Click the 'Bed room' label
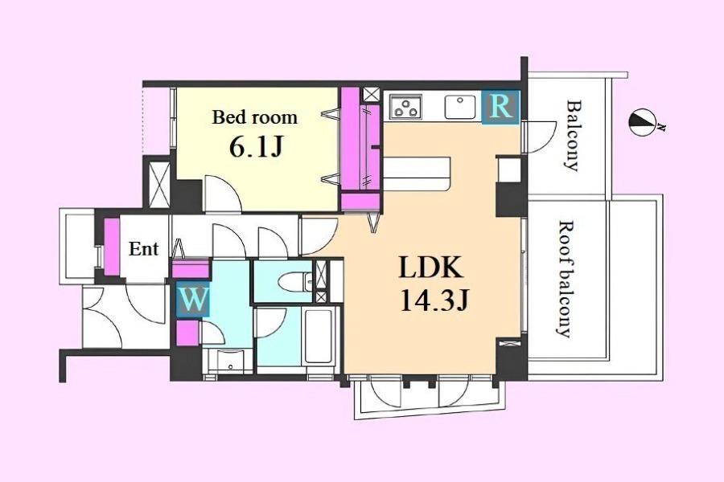pyautogui.click(x=254, y=117)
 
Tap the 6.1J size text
pyautogui.click(x=255, y=147)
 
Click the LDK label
pyautogui.click(x=431, y=267)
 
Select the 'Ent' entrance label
pyautogui.click(x=144, y=249)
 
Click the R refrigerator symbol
pyautogui.click(x=500, y=107)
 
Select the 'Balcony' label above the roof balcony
pyautogui.click(x=573, y=135)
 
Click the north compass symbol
pyautogui.click(x=643, y=123)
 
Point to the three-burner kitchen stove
pyautogui.click(x=406, y=107)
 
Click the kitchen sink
pyautogui.click(x=460, y=107)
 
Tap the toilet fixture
pyautogui.click(x=296, y=282)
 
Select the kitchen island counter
pyautogui.click(x=417, y=174)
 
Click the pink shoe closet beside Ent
pyautogui.click(x=112, y=247)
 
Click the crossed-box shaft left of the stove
pyautogui.click(x=371, y=95)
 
